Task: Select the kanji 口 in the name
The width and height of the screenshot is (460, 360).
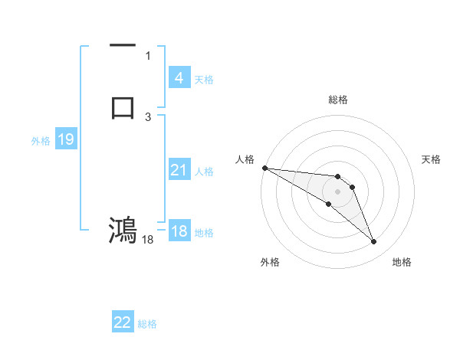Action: pyautogui.click(x=123, y=107)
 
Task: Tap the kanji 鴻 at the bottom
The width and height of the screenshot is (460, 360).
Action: pyautogui.click(x=123, y=229)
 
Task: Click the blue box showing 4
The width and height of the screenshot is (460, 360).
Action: pyautogui.click(x=179, y=78)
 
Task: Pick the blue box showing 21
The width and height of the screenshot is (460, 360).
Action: pyautogui.click(x=179, y=170)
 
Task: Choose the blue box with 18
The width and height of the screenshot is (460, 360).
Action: pyautogui.click(x=179, y=232)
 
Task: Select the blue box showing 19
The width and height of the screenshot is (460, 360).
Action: pyautogui.click(x=65, y=139)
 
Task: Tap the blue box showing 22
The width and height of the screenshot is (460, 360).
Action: pyautogui.click(x=123, y=322)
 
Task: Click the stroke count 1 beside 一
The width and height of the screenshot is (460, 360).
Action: pyautogui.click(x=147, y=56)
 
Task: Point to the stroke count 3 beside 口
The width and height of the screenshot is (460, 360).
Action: pyautogui.click(x=147, y=116)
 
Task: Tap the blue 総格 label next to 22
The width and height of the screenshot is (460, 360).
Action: pyautogui.click(x=147, y=324)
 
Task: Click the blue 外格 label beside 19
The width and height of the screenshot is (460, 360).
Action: pyautogui.click(x=40, y=141)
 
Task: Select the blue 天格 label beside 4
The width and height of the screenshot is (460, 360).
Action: pyautogui.click(x=204, y=80)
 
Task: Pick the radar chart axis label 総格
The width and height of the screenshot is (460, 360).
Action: pyautogui.click(x=337, y=100)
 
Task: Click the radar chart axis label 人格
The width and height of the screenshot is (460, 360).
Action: pyautogui.click(x=245, y=159)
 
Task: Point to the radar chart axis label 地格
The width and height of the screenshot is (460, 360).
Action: pyautogui.click(x=402, y=262)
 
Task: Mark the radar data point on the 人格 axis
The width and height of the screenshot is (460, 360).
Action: pyautogui.click(x=264, y=168)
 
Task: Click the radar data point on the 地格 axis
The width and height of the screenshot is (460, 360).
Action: pyautogui.click(x=374, y=242)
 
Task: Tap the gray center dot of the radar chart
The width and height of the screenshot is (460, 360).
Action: pyautogui.click(x=337, y=191)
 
